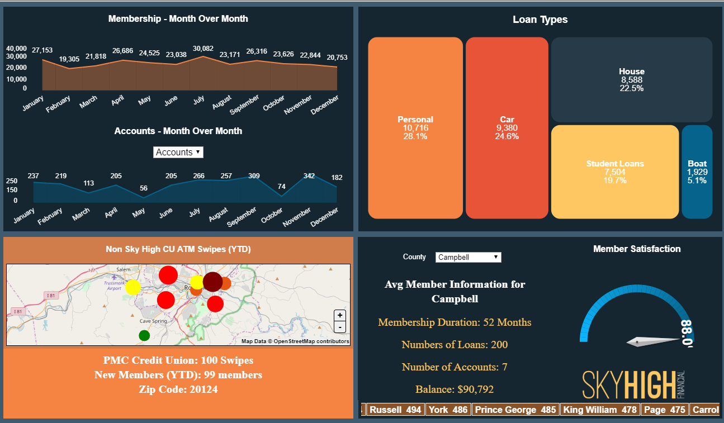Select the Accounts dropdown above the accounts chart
click(178, 152)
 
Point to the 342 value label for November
click(309, 176)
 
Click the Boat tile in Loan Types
click(697, 172)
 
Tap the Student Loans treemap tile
click(615, 172)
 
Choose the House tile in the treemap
click(632, 80)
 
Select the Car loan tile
click(507, 128)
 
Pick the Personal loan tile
click(415, 128)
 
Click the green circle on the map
click(144, 335)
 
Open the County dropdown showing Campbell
click(468, 258)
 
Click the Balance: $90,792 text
click(455, 389)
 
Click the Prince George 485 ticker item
click(515, 410)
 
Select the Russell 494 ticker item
click(395, 410)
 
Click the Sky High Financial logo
click(638, 384)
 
